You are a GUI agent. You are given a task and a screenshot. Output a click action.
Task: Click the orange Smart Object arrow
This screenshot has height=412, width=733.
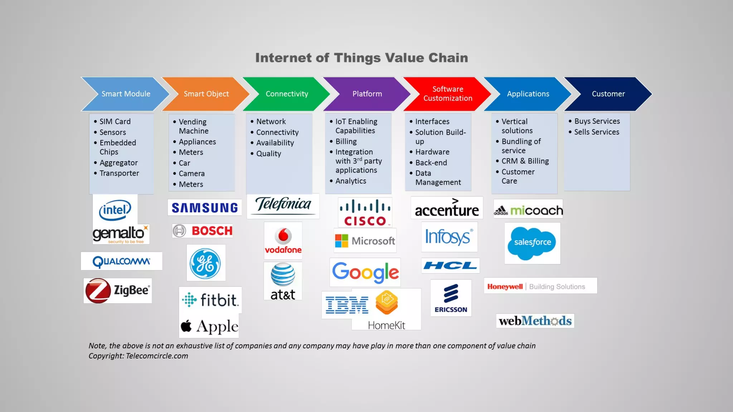(206, 94)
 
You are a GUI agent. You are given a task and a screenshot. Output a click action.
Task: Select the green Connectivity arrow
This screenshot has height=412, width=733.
(286, 94)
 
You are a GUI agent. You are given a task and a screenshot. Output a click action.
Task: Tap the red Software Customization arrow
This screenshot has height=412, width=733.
(447, 94)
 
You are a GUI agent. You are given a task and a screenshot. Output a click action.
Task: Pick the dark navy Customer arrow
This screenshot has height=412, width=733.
(608, 94)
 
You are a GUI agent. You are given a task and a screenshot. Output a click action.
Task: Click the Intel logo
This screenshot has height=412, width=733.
(115, 210)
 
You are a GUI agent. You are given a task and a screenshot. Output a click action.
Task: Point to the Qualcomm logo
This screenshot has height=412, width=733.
(121, 261)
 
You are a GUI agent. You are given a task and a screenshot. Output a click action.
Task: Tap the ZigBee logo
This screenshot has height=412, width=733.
(118, 290)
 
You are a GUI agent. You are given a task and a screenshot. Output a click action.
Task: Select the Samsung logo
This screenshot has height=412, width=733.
(204, 208)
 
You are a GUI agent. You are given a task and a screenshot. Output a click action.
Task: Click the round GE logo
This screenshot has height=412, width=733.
(205, 264)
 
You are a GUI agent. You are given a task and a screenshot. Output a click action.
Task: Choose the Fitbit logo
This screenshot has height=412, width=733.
(210, 300)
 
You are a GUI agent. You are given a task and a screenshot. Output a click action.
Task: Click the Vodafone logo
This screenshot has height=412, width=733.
(283, 241)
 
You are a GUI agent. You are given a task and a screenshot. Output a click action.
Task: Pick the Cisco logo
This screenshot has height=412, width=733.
(365, 213)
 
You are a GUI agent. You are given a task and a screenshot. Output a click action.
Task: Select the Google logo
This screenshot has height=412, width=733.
(365, 272)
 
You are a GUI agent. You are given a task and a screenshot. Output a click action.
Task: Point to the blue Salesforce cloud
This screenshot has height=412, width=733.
(532, 243)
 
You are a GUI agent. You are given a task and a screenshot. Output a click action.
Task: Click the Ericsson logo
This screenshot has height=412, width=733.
(451, 298)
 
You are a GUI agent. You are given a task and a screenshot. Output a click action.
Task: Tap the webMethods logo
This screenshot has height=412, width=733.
(535, 321)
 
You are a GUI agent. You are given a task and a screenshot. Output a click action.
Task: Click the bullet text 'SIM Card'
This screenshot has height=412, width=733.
(115, 122)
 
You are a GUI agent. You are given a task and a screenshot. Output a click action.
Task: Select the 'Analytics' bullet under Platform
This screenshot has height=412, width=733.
(351, 181)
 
